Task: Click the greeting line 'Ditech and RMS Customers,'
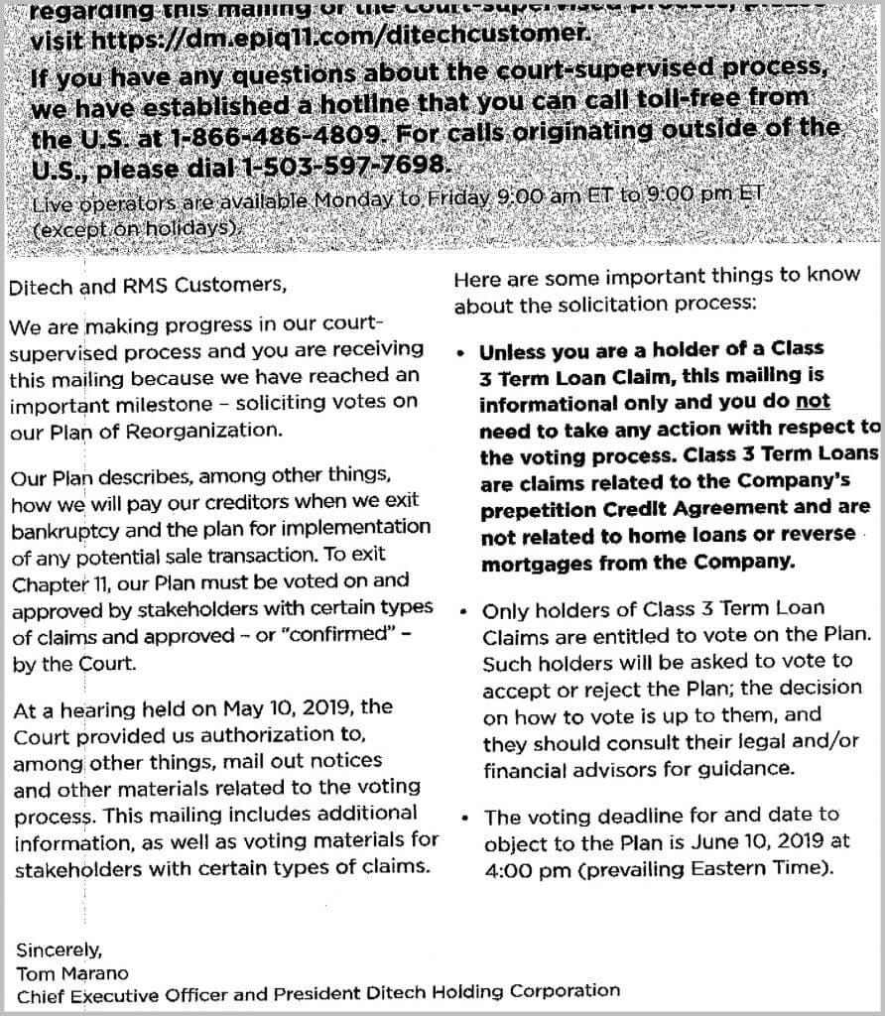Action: (x=148, y=286)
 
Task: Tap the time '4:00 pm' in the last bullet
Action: (x=517, y=867)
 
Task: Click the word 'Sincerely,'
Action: (x=59, y=949)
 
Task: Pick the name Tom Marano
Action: (x=72, y=972)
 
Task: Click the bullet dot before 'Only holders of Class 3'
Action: (x=464, y=610)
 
